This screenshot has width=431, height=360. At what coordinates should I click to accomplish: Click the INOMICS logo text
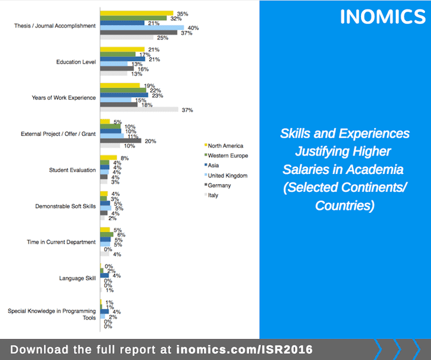click(383, 17)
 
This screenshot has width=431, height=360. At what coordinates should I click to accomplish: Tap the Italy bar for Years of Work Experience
click(139, 109)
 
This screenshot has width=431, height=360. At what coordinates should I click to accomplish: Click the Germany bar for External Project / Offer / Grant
click(121, 141)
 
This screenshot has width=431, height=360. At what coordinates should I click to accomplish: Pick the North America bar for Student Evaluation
click(108, 157)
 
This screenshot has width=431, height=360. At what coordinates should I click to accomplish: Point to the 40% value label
click(193, 28)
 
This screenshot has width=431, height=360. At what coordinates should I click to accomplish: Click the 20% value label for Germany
click(150, 141)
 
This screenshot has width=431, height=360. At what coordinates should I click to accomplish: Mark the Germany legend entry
click(219, 185)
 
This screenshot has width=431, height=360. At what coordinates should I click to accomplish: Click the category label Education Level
click(75, 62)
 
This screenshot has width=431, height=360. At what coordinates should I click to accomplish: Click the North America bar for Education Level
click(122, 50)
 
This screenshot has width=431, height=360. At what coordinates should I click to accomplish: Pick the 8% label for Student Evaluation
click(125, 157)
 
